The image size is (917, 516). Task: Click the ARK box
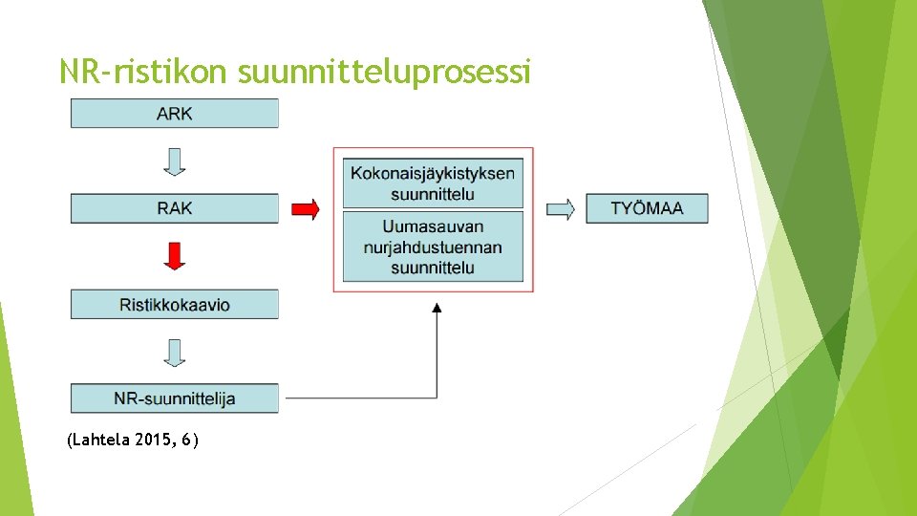174,114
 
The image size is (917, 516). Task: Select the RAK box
174,208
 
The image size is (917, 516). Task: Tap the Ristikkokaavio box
174,305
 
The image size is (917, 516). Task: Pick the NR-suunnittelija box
174,398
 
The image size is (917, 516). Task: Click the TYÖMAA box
647,208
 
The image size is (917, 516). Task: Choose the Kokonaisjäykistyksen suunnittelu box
433,183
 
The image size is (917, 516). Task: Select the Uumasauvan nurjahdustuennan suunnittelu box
433,247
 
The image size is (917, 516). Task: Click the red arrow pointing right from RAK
305,209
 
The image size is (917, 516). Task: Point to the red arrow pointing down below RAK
174,255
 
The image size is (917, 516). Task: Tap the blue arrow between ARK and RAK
174,161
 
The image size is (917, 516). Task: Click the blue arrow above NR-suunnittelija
174,353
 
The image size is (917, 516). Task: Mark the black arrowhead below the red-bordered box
437,308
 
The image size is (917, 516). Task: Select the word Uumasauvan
433,226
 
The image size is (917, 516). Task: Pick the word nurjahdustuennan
433,247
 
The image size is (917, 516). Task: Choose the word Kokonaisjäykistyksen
433,173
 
